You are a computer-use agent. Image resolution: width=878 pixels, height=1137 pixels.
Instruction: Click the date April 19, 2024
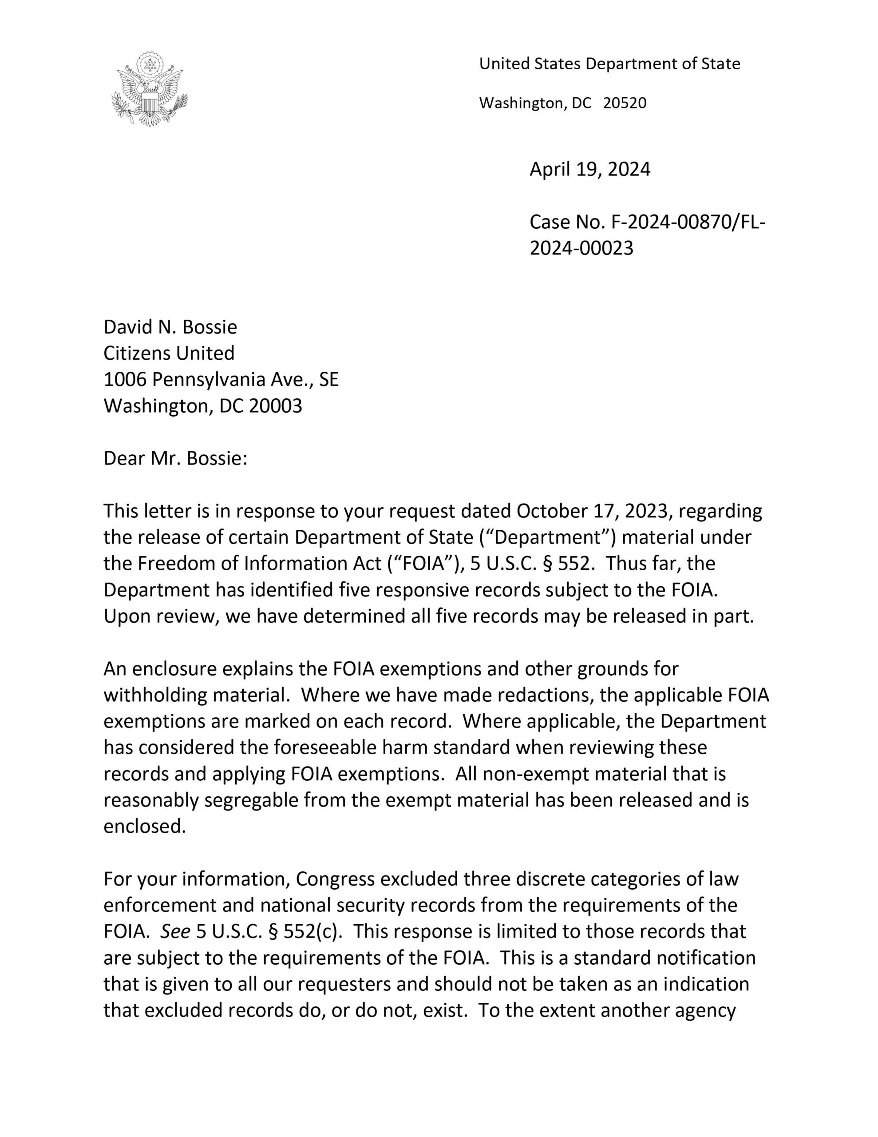click(589, 169)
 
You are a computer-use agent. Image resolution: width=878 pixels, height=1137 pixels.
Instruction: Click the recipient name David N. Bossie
click(170, 327)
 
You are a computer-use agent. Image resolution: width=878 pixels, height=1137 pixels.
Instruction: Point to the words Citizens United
click(169, 353)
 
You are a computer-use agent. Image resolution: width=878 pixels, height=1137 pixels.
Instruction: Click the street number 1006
click(125, 380)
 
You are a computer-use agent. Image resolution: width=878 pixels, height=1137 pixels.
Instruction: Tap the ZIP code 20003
click(275, 406)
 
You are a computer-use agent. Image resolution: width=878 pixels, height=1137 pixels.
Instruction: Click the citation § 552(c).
click(303, 931)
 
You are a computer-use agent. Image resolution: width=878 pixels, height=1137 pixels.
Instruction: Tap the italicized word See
click(175, 931)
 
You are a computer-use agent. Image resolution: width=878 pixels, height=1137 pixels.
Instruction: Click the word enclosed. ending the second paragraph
click(145, 826)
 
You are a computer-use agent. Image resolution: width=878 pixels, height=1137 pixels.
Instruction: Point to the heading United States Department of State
click(609, 64)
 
